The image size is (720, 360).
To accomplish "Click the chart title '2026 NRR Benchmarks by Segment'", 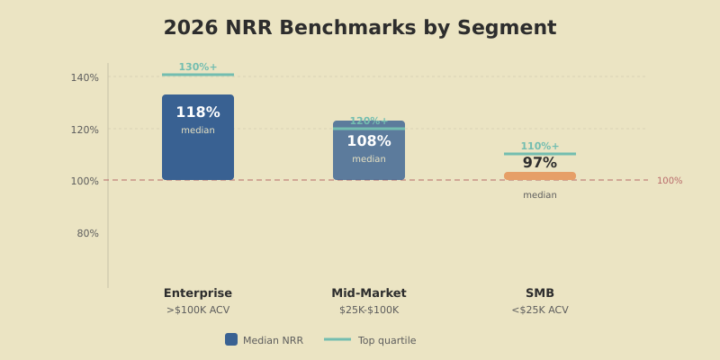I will (x=360, y=28).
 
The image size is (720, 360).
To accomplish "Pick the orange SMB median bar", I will (x=540, y=176).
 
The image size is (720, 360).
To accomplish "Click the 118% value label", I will (x=198, y=112).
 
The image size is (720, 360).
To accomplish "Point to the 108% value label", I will (x=369, y=141).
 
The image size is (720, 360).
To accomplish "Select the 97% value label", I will (x=540, y=163).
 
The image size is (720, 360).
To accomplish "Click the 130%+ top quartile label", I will (x=198, y=67).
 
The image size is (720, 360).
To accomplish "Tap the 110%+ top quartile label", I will (x=540, y=146).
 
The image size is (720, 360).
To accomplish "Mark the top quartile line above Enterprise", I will (x=198, y=75).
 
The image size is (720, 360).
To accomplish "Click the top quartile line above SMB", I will (x=540, y=154).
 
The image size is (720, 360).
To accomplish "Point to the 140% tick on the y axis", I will (x=85, y=77).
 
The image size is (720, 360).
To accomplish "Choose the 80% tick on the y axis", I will (x=87, y=233).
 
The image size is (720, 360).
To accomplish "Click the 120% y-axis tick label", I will (x=85, y=130).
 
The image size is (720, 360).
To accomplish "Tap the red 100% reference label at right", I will (x=669, y=181).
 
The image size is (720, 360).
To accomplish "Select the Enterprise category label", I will (x=198, y=293).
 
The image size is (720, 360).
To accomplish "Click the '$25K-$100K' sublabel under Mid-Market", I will (x=369, y=310).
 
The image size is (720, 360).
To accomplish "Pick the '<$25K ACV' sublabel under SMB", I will (x=540, y=310).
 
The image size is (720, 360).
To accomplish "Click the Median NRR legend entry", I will (x=265, y=340).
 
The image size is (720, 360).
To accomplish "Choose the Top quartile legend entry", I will (x=371, y=340).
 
